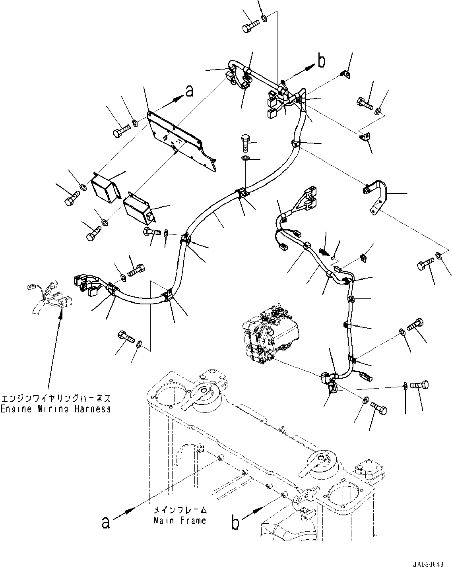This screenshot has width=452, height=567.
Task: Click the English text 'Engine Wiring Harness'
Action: [x=55, y=409]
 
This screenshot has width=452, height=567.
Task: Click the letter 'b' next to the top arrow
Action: [x=321, y=60]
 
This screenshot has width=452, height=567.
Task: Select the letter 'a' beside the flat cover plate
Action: [x=190, y=92]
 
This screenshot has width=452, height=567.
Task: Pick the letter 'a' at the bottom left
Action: [x=105, y=523]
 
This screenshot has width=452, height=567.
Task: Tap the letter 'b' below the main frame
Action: [x=236, y=523]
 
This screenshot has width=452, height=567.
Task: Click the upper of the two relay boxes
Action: [x=106, y=188]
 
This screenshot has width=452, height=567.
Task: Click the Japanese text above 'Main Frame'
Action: [x=180, y=510]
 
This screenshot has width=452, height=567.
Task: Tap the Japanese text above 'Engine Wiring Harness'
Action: [x=55, y=399]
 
